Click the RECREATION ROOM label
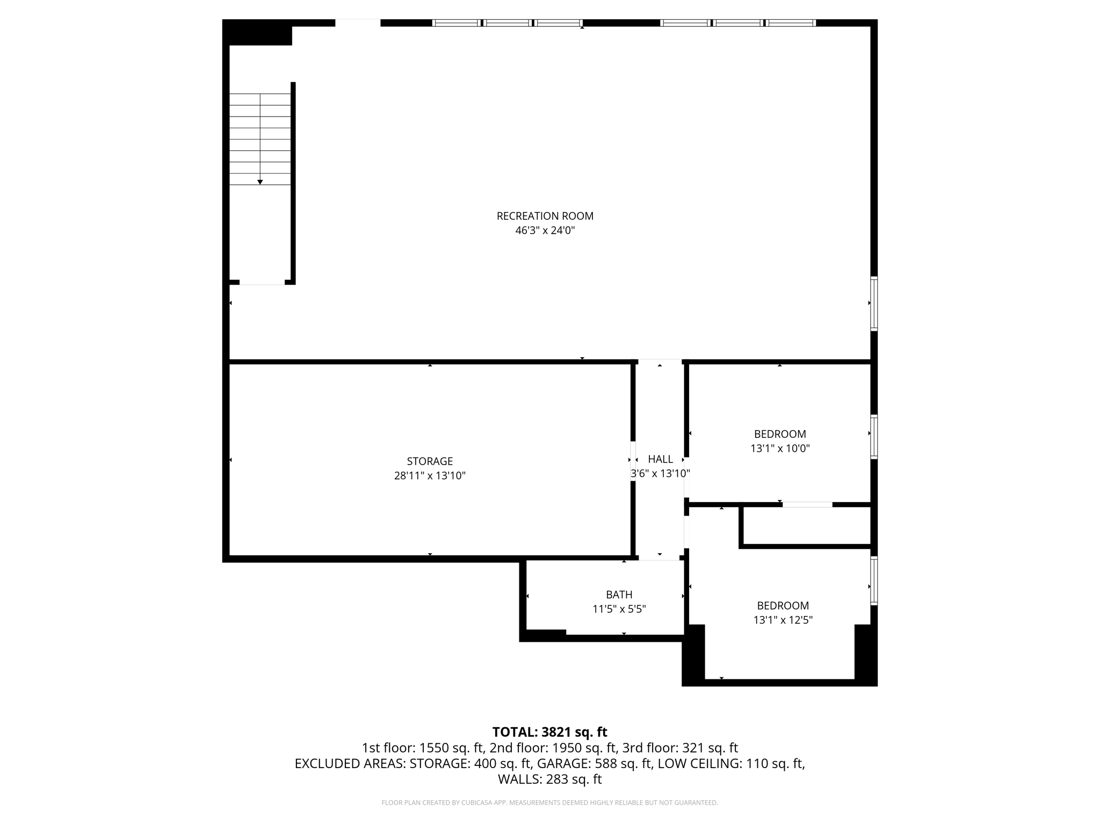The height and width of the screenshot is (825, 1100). [545, 216]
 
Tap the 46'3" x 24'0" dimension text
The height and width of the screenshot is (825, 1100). [545, 230]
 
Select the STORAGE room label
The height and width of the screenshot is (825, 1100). [430, 461]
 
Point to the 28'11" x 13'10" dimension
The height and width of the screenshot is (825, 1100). [430, 475]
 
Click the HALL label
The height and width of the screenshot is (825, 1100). [660, 459]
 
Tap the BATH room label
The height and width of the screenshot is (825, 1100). [619, 595]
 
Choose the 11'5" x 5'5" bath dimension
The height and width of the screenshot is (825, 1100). [619, 609]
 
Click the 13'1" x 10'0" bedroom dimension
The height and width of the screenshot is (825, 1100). [780, 448]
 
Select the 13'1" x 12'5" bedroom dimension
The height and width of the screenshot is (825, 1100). [783, 620]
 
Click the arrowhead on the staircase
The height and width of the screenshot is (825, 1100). [260, 182]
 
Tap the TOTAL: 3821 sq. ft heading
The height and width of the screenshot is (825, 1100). [549, 732]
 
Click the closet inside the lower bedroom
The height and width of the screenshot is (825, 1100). [806, 526]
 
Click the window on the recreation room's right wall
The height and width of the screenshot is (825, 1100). [874, 303]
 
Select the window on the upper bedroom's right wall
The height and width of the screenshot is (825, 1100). [874, 437]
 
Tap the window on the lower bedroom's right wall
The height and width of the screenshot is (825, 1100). [874, 580]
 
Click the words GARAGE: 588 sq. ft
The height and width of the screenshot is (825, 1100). [595, 763]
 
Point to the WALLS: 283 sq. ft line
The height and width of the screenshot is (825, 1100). [549, 779]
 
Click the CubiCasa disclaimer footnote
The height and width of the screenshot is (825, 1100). [549, 803]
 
